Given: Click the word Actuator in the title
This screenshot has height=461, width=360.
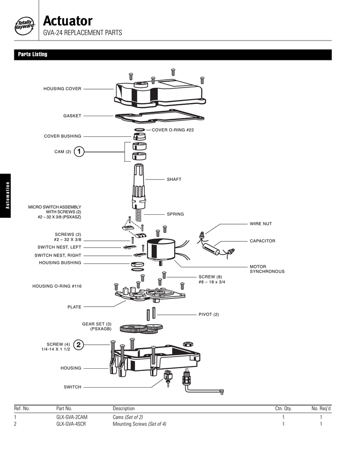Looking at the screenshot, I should pyautogui.click(x=68, y=21).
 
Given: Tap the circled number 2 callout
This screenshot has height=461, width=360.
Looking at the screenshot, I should pyautogui.click(x=79, y=344).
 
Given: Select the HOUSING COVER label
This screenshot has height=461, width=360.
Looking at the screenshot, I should pyautogui.click(x=62, y=89).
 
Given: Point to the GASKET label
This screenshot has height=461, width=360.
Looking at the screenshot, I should pyautogui.click(x=72, y=116).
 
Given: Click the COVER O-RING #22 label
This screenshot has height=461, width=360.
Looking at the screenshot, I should pyautogui.click(x=173, y=130).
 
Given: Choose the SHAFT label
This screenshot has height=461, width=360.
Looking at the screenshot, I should pyautogui.click(x=174, y=179).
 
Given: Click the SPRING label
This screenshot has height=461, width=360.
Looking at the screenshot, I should pyautogui.click(x=175, y=214).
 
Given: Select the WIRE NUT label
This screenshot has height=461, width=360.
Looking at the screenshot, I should pyautogui.click(x=261, y=224).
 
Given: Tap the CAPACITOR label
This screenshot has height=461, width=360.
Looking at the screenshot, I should pyautogui.click(x=262, y=241).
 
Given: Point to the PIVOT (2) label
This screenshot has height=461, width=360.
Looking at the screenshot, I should pyautogui.click(x=208, y=314).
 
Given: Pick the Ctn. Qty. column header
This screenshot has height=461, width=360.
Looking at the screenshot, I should pyautogui.click(x=283, y=408).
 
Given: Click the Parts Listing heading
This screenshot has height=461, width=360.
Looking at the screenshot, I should pyautogui.click(x=32, y=54).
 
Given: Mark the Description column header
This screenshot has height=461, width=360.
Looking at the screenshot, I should pyautogui.click(x=123, y=408).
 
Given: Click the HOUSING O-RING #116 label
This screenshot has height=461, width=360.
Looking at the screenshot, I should pyautogui.click(x=57, y=286).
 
